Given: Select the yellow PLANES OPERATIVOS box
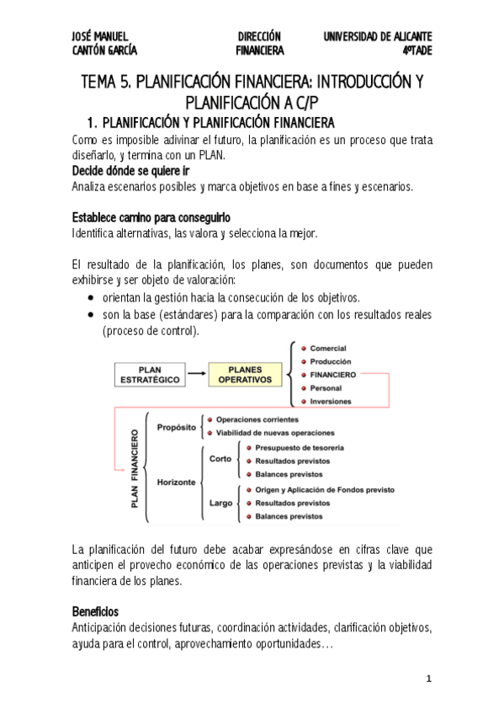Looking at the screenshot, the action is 245,374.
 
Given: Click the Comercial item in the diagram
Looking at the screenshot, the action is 327,349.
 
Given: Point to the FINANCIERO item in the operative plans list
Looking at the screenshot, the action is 332,374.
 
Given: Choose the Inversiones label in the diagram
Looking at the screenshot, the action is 331,401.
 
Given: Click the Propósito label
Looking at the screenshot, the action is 176,426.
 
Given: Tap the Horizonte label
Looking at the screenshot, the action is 176,482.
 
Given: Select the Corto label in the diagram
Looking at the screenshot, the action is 220,460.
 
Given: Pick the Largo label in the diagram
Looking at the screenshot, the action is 220,504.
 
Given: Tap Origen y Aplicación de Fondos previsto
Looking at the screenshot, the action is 325,489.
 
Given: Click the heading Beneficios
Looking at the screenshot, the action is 95,610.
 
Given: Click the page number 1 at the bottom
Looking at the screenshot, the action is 428,679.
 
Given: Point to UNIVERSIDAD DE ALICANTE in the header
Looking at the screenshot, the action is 377,36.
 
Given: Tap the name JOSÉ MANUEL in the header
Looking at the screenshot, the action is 100,36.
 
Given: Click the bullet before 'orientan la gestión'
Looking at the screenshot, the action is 92,298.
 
